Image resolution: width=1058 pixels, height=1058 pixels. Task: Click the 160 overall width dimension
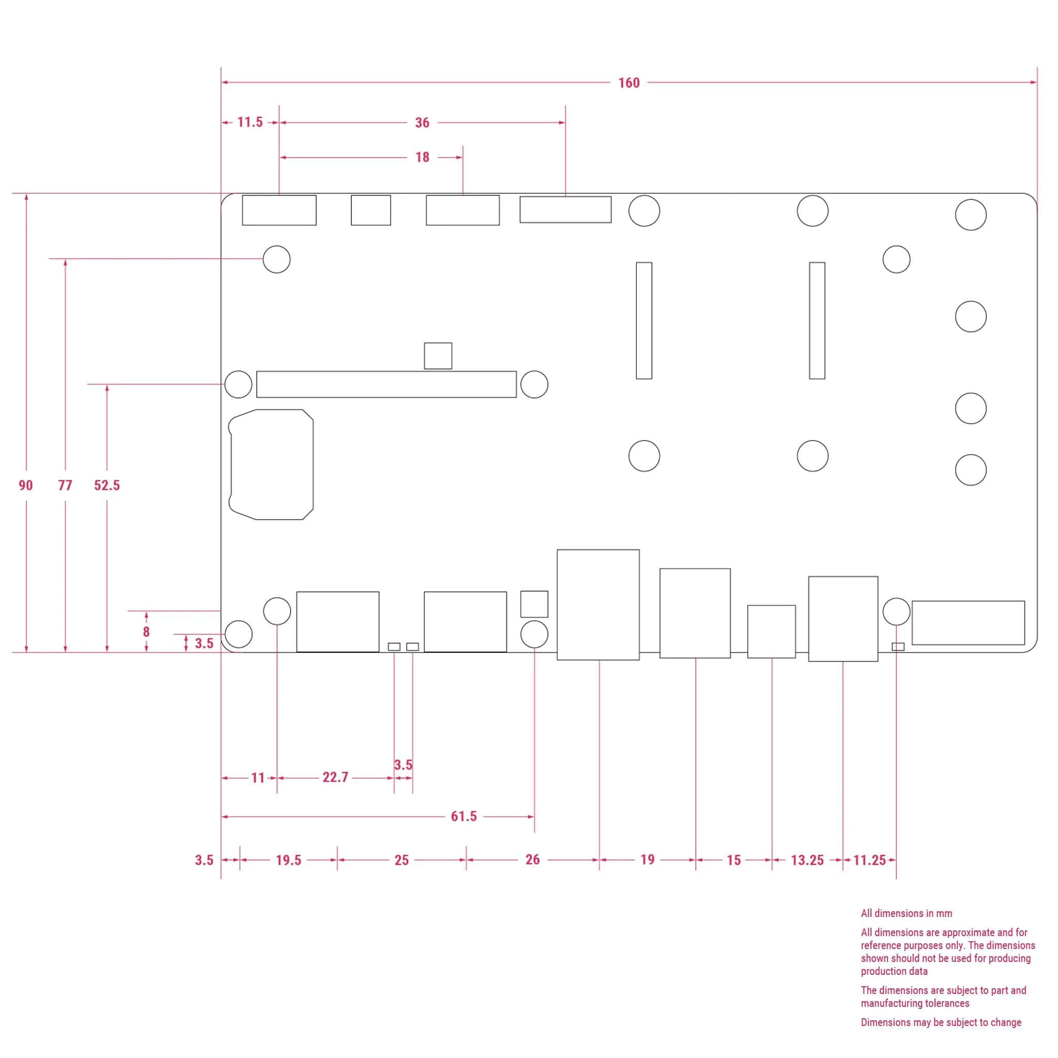click(629, 83)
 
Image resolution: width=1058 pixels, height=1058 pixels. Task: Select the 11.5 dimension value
click(250, 122)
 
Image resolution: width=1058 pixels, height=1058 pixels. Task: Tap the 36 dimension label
click(422, 122)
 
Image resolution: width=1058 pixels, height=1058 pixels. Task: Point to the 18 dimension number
click(422, 157)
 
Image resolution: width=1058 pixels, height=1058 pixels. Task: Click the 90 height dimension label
click(26, 485)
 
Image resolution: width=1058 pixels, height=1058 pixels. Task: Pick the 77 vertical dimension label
click(65, 485)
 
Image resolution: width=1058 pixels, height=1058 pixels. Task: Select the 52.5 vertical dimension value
click(107, 485)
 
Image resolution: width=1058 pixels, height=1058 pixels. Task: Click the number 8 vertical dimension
click(146, 631)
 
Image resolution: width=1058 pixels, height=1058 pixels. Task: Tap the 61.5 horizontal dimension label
click(463, 817)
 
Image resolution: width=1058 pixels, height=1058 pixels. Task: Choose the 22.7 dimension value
click(335, 777)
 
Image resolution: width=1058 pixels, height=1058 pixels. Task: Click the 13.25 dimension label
click(807, 860)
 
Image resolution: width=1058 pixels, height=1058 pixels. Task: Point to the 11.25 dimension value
click(869, 860)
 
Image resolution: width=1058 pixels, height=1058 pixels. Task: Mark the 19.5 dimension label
click(289, 860)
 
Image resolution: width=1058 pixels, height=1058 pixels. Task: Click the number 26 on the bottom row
click(532, 859)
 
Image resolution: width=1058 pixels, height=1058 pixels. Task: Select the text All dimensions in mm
click(906, 913)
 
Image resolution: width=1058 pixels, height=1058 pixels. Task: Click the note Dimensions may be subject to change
click(941, 1022)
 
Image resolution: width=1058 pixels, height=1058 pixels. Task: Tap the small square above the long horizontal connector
click(438, 356)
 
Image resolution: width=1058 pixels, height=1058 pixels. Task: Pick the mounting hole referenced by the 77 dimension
click(276, 259)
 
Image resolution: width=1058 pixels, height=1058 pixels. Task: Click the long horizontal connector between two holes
click(386, 384)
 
